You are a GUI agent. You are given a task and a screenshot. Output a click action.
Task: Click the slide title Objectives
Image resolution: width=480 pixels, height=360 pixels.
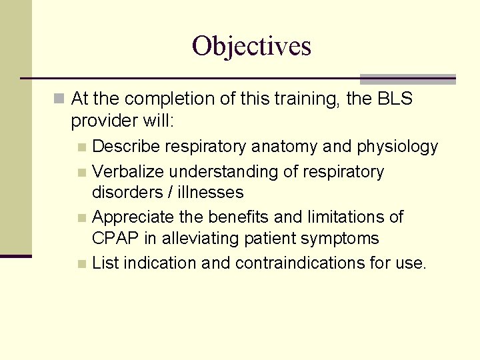(251, 46)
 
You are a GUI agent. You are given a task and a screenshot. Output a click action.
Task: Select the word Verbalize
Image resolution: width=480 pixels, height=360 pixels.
(127, 172)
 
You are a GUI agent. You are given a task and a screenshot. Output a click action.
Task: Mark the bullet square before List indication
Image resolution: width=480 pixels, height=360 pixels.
(81, 264)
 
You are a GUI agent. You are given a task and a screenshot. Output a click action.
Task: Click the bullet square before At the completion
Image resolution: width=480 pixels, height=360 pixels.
(60, 100)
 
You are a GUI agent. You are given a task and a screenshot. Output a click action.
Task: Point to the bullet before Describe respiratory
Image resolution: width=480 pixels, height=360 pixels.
(81, 147)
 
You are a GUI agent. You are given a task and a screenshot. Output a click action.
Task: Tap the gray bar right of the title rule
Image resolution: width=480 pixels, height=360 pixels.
(407, 79)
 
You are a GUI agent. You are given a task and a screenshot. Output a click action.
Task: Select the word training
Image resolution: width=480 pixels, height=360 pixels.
(289, 99)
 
